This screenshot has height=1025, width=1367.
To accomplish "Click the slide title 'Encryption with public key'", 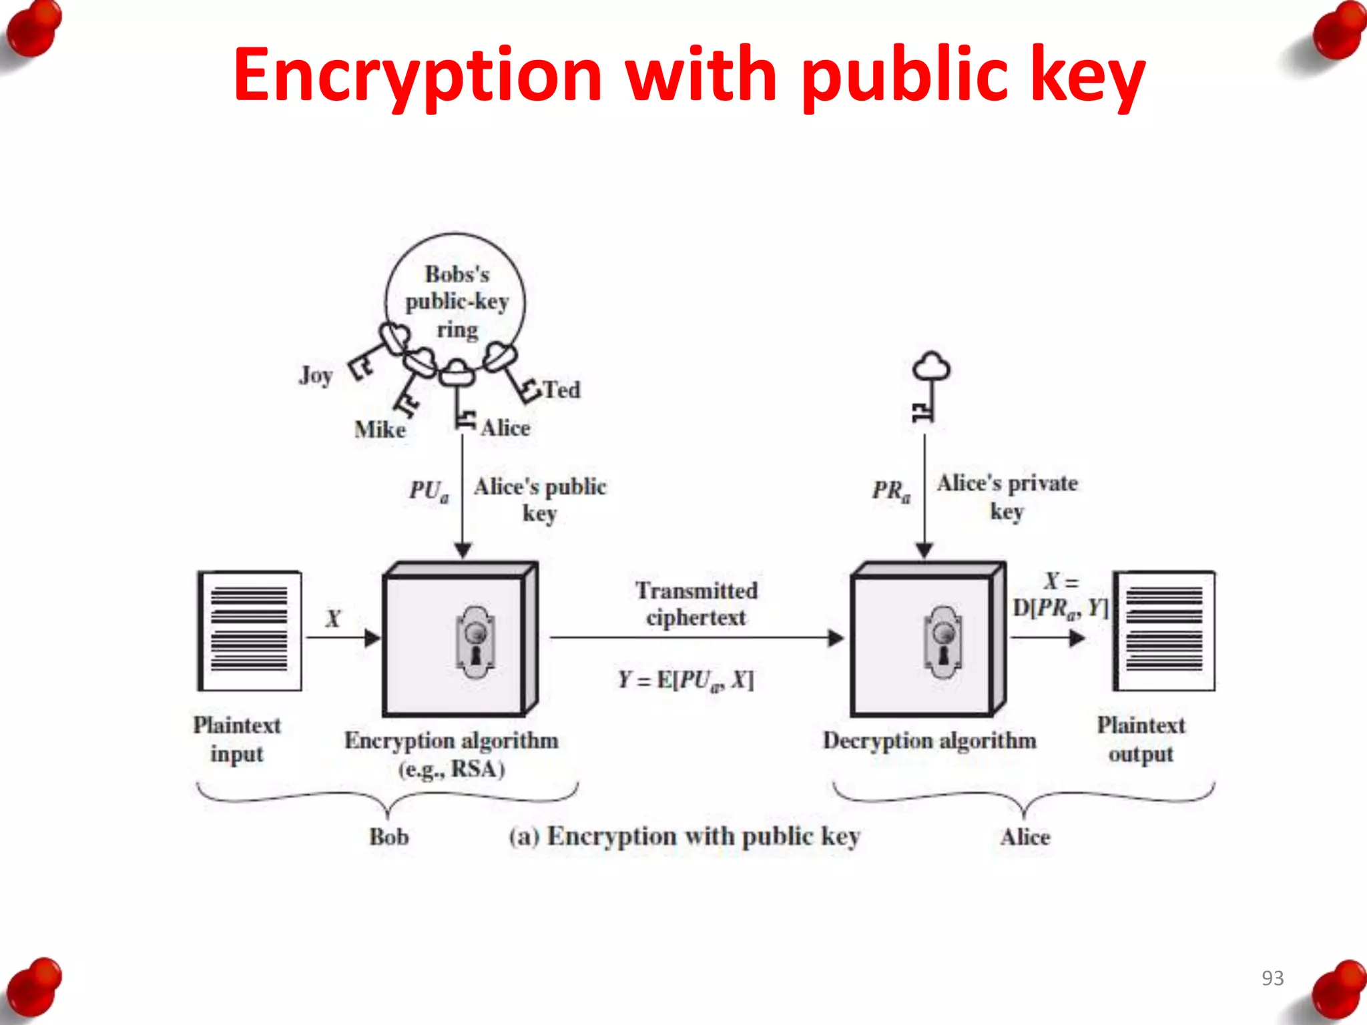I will [x=689, y=75].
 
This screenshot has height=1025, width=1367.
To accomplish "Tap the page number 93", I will [x=1272, y=978].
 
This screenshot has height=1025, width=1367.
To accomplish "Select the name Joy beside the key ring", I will [x=315, y=375].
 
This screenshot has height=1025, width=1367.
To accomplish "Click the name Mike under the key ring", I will [x=380, y=429].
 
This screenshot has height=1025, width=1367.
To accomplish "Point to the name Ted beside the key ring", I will [x=561, y=389].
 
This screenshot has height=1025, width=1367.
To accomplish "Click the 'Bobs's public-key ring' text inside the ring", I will [x=457, y=302].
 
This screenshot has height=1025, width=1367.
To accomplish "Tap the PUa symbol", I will [x=429, y=490].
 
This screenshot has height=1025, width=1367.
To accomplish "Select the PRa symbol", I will [x=890, y=490].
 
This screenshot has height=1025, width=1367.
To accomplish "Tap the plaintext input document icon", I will [x=250, y=631].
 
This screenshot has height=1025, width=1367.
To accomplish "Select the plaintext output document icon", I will [x=1164, y=631].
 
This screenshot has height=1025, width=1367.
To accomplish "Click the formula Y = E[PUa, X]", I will [x=686, y=680].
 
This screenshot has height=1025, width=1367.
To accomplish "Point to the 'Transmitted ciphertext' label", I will [x=696, y=604].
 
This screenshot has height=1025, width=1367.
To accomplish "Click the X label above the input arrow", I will [x=332, y=619].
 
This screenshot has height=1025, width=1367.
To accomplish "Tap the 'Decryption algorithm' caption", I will [x=929, y=741].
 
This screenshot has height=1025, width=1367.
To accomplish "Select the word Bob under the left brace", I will [x=388, y=837].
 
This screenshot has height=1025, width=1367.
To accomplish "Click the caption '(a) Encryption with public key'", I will [x=684, y=837].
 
